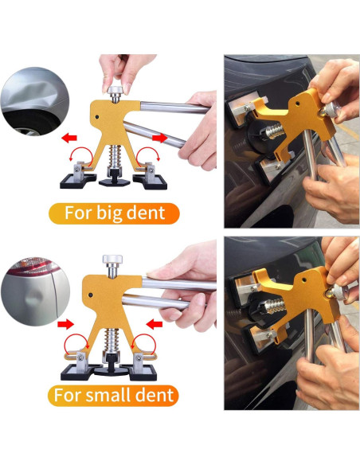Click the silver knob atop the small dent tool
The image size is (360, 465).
112,260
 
